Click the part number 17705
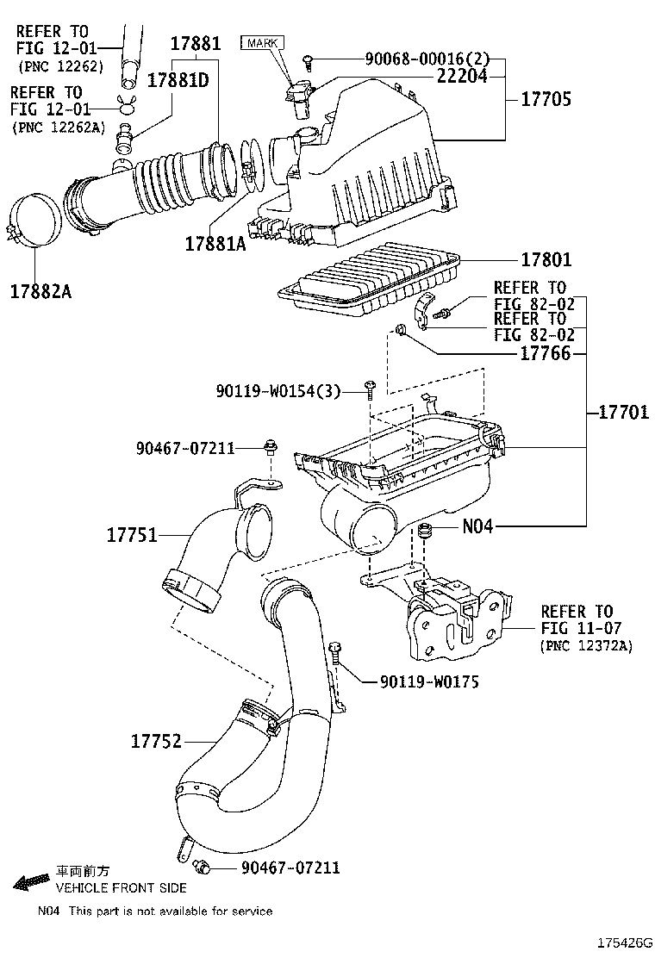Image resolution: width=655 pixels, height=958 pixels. (545, 100)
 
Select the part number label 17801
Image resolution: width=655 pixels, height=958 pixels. (545, 260)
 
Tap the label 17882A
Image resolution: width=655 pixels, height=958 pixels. (41, 291)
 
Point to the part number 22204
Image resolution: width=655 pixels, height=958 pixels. (462, 76)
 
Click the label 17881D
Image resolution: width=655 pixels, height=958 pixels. (178, 80)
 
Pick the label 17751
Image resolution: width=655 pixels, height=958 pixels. (132, 535)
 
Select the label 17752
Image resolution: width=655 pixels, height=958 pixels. (156, 741)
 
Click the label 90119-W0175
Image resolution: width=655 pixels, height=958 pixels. (429, 681)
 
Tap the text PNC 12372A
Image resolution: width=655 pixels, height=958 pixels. (586, 646)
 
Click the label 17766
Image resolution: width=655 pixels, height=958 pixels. (545, 353)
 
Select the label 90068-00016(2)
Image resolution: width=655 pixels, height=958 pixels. (427, 59)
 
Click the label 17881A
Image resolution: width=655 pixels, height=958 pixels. (215, 244)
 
